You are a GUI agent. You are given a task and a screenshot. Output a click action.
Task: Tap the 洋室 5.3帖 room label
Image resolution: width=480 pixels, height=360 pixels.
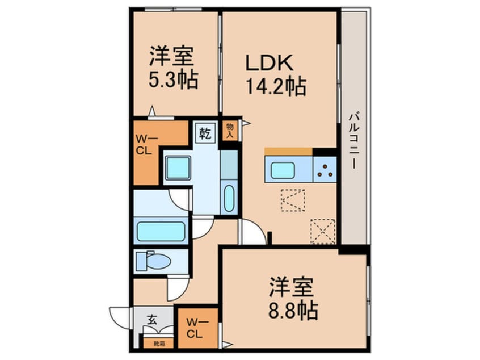pyautogui.click(x=172, y=68)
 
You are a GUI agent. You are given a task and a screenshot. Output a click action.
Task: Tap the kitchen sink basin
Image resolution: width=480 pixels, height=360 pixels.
pyautogui.click(x=282, y=169)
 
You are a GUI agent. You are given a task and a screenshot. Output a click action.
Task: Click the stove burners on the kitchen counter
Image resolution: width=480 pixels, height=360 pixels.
pyautogui.click(x=325, y=169)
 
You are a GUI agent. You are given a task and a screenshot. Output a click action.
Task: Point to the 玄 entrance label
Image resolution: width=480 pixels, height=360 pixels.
pyautogui.click(x=151, y=320)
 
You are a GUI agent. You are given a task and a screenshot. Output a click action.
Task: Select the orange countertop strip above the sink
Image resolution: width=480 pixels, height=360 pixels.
pyautogui.click(x=288, y=151)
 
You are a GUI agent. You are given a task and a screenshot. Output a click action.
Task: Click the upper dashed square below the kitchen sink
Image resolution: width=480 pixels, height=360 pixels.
pyautogui.click(x=293, y=200)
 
